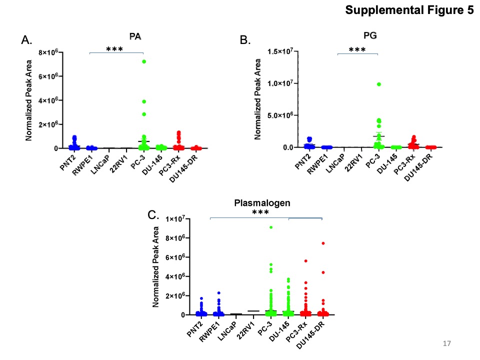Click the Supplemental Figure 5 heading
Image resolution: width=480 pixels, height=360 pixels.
409,10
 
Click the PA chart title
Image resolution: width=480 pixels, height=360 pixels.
135,36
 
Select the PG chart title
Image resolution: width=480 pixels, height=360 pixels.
370,35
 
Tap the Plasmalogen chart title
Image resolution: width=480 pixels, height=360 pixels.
262,203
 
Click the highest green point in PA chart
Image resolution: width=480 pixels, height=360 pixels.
143,61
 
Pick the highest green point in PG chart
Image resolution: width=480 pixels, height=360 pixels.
378,84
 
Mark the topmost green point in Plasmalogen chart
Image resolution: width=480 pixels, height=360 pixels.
271,227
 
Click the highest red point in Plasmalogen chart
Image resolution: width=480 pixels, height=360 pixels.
323,243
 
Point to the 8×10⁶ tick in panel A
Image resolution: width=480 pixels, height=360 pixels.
48,52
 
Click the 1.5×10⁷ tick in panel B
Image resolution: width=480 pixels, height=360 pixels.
282,51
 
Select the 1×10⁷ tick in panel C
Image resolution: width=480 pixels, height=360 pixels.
175,219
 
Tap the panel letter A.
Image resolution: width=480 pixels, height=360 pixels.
26,40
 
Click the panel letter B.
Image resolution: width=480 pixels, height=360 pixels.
245,40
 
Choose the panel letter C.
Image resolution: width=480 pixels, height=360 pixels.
153,215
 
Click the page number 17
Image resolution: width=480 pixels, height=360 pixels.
446,343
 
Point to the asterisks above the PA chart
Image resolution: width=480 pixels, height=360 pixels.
114,49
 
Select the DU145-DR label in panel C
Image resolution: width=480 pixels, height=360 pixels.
310,336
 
